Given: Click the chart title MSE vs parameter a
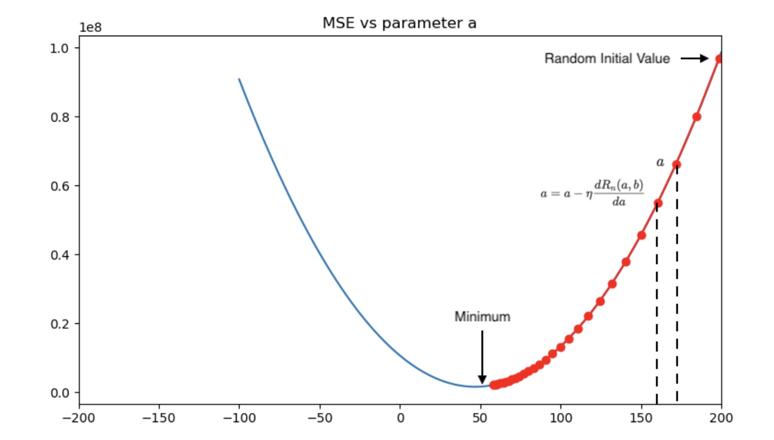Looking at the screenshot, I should click(x=399, y=23).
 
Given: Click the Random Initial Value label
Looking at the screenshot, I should click(x=607, y=58).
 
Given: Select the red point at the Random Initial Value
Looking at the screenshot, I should click(x=719, y=58).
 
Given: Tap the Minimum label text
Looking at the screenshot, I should click(x=482, y=317).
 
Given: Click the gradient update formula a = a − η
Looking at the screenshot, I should click(x=592, y=194).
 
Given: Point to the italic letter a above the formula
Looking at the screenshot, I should click(x=660, y=162).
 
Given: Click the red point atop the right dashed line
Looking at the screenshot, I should click(x=677, y=164).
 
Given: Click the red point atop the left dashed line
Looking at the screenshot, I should click(x=658, y=203).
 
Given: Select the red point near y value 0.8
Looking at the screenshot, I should click(x=697, y=117).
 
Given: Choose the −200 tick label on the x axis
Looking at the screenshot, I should click(x=79, y=418).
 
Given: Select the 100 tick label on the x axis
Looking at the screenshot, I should click(x=561, y=418).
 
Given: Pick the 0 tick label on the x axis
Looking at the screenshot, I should click(x=400, y=418).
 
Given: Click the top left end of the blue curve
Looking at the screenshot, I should click(x=239, y=79).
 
